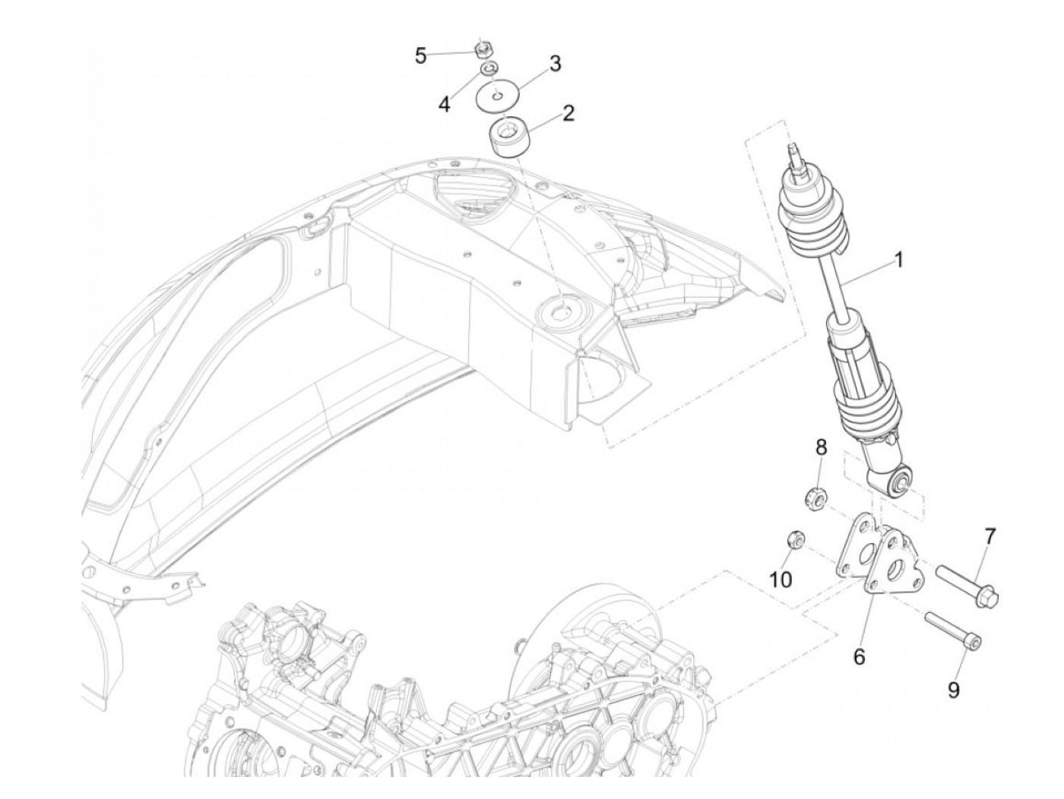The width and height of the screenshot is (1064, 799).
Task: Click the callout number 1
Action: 898,261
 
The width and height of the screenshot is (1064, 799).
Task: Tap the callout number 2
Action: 568,114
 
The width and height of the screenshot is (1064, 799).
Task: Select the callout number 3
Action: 556,64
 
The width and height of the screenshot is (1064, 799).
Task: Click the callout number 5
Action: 420,55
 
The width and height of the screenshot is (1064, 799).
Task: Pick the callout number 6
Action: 859,656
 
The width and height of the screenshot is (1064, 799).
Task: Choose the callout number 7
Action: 990,537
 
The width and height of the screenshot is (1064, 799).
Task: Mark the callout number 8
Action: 821,448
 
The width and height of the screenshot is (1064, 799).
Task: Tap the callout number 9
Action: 953,690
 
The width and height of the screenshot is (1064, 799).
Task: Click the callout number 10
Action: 781,580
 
